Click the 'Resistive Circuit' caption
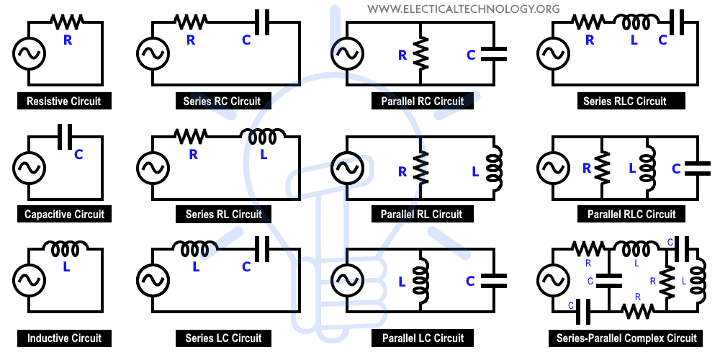tap(63, 102)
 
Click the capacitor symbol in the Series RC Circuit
tap(261, 25)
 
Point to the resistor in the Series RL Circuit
tap(191, 134)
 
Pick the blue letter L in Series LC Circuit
tap(195, 266)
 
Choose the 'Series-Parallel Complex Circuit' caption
tap(626, 338)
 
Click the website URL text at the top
tap(463, 9)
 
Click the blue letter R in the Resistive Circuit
tap(68, 40)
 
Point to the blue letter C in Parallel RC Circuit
tap(471, 55)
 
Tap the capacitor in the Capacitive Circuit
tap(65, 137)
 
